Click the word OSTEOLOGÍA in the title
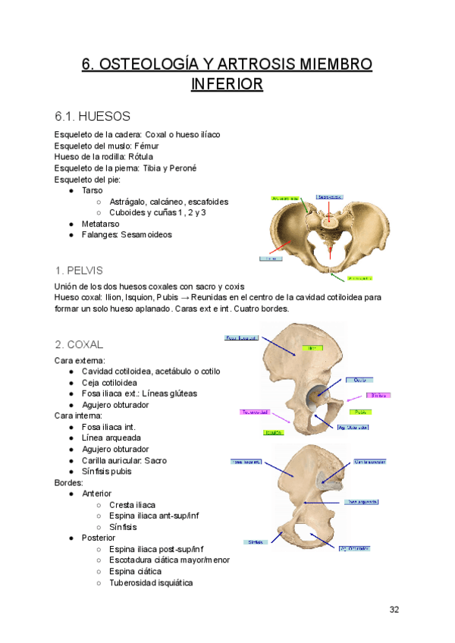[155, 64]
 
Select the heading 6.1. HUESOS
[93, 116]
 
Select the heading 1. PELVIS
[79, 270]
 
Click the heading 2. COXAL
[79, 343]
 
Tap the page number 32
[394, 610]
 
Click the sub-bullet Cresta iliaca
[133, 505]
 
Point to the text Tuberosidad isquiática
[151, 583]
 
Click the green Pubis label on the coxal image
[360, 412]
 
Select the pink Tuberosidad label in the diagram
[254, 412]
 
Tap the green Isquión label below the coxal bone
[273, 433]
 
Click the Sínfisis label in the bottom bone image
[256, 542]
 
